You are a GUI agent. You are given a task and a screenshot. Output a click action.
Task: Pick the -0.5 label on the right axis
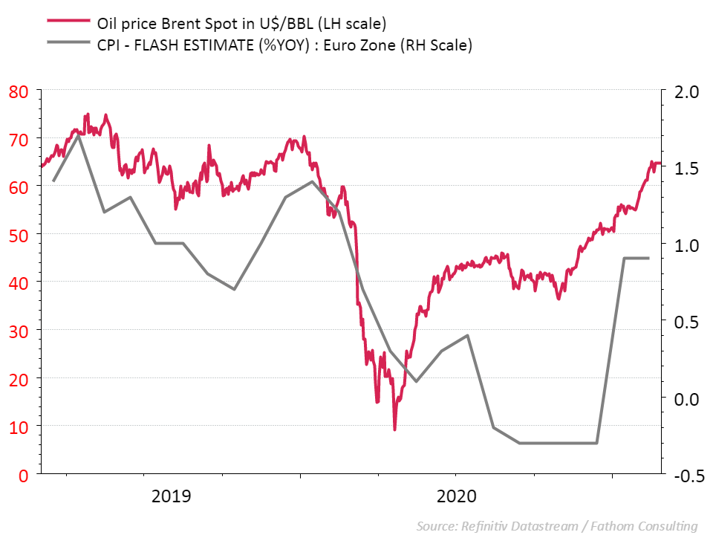point(685,475)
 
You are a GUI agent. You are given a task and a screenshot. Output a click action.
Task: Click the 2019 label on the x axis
point(171,496)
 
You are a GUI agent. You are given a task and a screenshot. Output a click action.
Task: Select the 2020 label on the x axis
point(458,496)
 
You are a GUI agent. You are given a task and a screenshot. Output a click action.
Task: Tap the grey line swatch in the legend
point(68,45)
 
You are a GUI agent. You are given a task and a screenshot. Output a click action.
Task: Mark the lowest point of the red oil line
point(394,429)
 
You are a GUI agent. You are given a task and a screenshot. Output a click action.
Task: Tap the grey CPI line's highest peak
point(78,135)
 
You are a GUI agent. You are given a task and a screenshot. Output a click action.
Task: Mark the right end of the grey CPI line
point(649,258)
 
